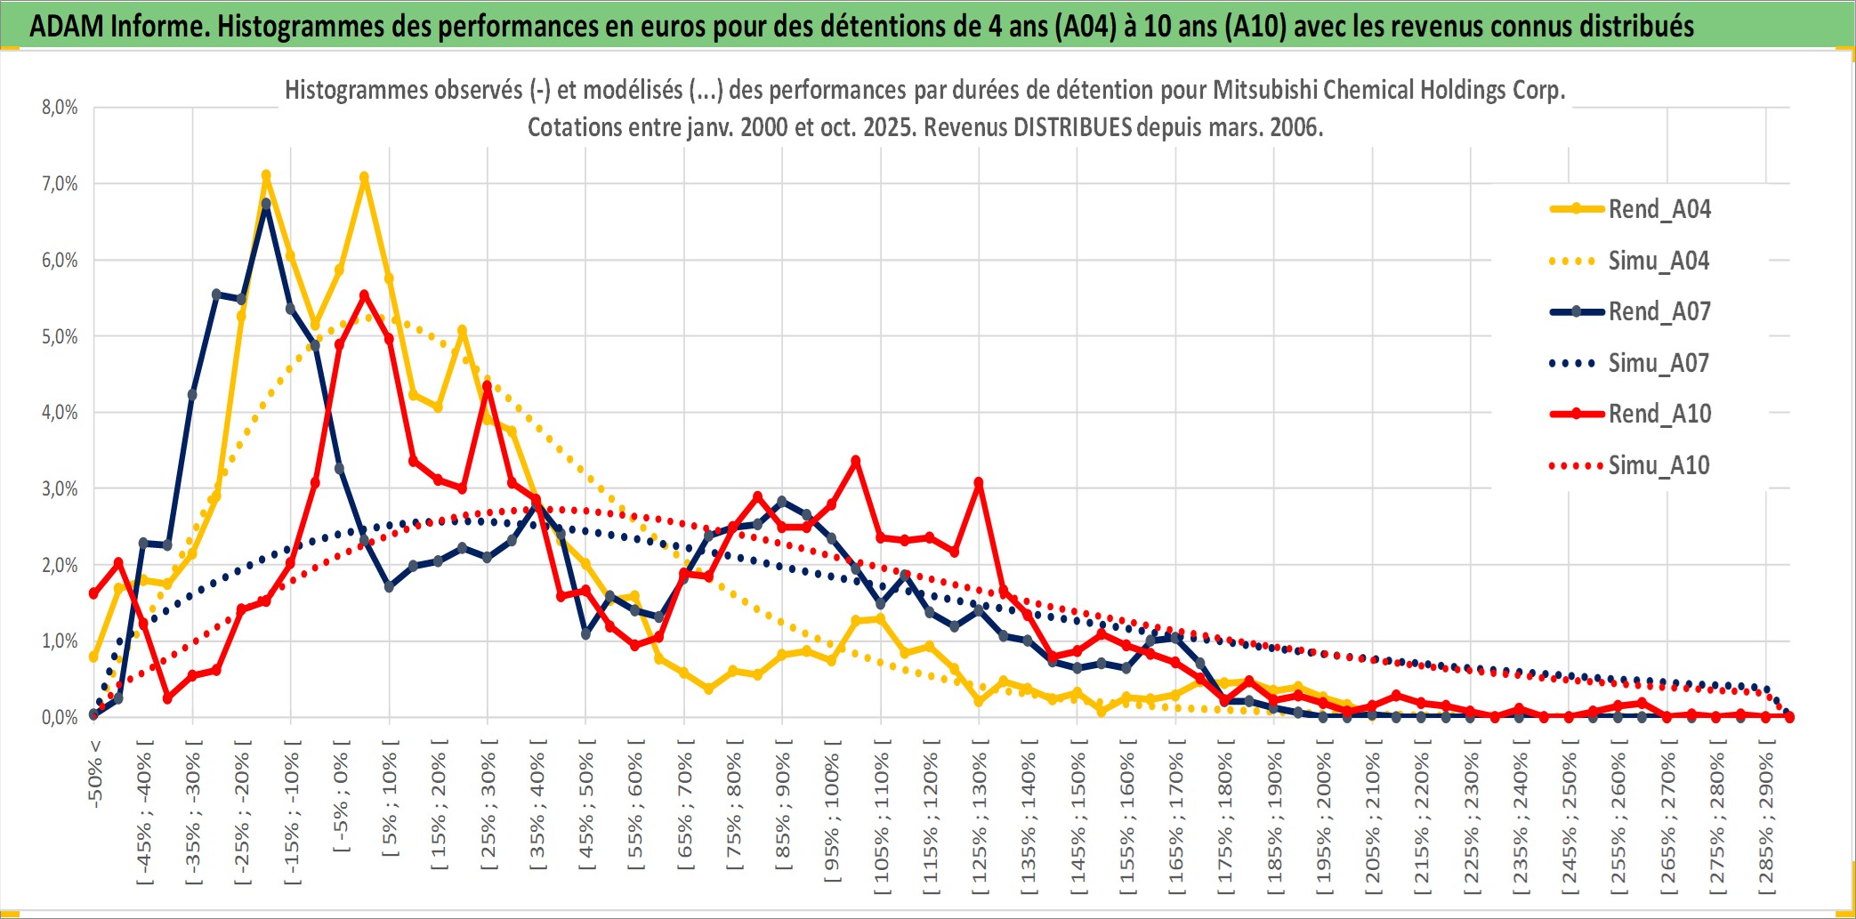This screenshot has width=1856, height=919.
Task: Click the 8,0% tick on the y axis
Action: click(x=60, y=108)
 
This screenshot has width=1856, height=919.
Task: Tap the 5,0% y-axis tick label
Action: click(x=60, y=336)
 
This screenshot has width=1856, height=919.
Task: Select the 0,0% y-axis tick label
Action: click(x=60, y=717)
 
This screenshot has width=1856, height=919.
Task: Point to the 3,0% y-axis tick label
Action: click(x=60, y=488)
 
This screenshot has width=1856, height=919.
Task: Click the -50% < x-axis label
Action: click(x=95, y=773)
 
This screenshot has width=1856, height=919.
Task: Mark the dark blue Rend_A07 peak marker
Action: click(x=266, y=204)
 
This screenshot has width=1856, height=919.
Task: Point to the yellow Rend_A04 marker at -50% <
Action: click(x=93, y=657)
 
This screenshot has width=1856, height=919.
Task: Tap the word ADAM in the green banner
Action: click(x=67, y=27)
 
